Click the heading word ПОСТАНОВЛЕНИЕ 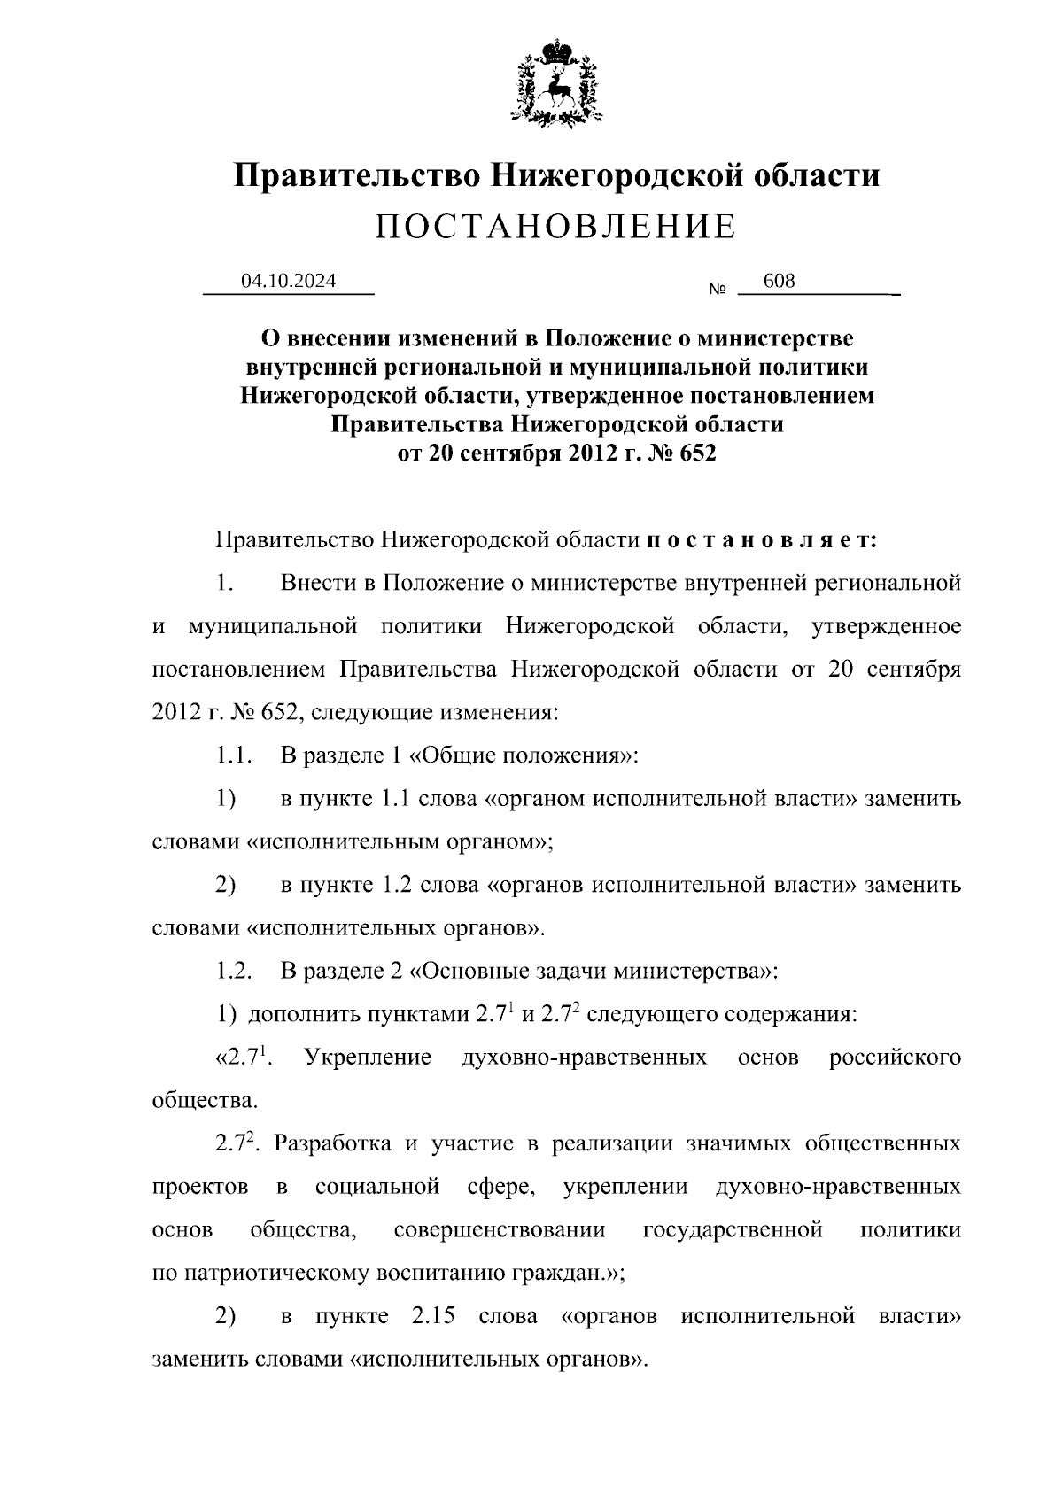coord(555,228)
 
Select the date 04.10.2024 coord(289,281)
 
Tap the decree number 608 coord(779,281)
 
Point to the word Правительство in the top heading coord(356,174)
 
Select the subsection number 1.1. coord(235,755)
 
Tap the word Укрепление coord(368,1057)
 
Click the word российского coord(895,1057)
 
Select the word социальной coord(377,1186)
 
